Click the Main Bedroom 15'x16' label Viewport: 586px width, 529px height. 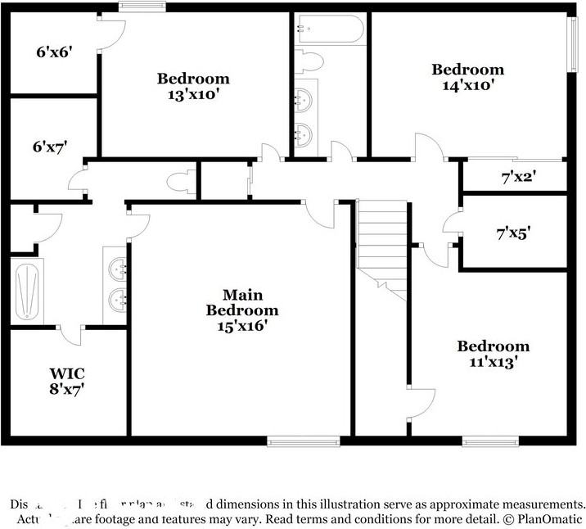[241, 310]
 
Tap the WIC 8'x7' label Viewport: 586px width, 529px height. [67, 382]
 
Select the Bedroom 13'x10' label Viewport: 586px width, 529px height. [193, 86]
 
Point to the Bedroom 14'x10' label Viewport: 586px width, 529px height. [468, 77]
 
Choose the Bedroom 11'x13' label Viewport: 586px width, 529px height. [493, 353]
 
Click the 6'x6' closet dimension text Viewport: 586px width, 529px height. [55, 52]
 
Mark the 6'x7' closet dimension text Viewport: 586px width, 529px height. [50, 147]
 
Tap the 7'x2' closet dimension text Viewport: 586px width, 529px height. [517, 175]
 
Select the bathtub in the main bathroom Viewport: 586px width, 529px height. [26, 291]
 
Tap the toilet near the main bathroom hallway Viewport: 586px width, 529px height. [180, 181]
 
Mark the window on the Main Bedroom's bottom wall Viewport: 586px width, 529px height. [304, 442]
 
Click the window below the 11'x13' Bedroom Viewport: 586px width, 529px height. [490, 442]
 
